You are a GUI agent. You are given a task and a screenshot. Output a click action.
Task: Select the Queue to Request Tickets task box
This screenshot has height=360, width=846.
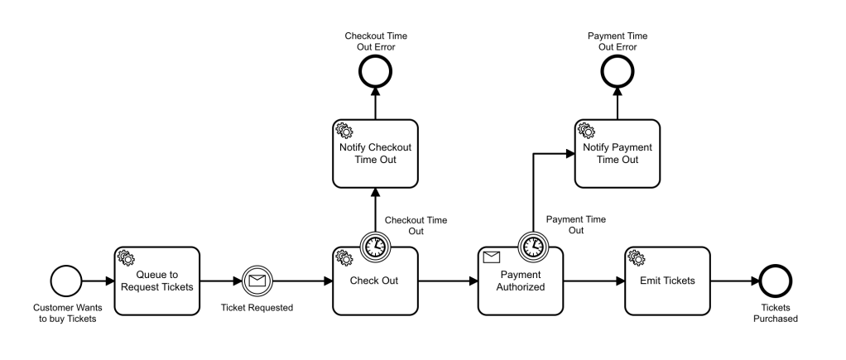(x=157, y=281)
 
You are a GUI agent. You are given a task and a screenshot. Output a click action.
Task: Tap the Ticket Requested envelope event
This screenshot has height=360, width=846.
(x=257, y=281)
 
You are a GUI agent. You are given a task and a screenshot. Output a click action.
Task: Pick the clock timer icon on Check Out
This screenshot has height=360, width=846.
(x=374, y=246)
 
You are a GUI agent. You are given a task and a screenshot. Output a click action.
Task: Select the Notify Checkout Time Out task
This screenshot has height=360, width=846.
(x=374, y=154)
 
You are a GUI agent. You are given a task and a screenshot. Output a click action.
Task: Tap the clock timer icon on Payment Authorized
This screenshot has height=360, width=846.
(x=531, y=246)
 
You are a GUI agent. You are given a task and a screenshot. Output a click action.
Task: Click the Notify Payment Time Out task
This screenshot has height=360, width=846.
(x=618, y=154)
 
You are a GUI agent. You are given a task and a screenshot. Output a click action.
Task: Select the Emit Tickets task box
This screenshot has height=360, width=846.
(x=667, y=281)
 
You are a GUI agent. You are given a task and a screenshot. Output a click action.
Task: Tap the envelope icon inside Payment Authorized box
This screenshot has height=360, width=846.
(x=492, y=257)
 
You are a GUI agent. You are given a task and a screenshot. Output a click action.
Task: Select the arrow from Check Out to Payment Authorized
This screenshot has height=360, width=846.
(x=447, y=281)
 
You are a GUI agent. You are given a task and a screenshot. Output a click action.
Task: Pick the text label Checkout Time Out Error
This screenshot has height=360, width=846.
(x=376, y=41)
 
